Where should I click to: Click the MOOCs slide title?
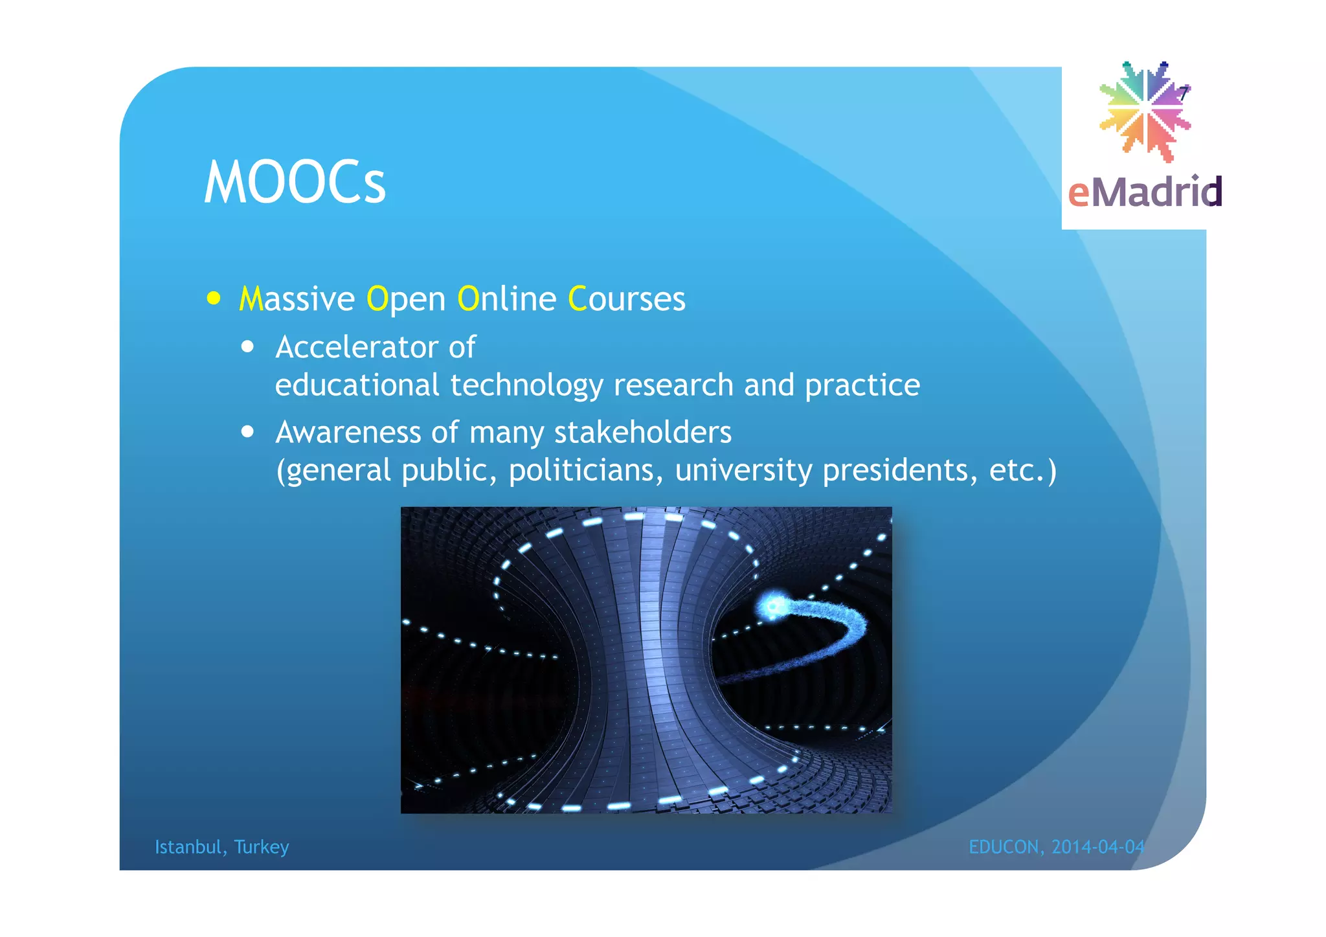point(295,183)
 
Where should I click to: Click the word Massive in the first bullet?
point(297,299)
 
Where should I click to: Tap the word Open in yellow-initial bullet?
point(406,299)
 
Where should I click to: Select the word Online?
point(506,299)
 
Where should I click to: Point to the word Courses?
point(626,299)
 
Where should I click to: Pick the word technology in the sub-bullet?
point(526,386)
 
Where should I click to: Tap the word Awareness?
point(348,433)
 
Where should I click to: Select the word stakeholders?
point(642,433)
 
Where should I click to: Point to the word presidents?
point(900,471)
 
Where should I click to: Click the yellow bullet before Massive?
point(214,299)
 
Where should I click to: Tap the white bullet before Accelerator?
point(247,347)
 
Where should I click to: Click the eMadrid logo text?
point(1145,192)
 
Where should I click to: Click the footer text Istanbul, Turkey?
point(221,847)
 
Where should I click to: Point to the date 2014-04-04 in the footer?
point(1098,847)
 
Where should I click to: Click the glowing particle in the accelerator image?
point(772,607)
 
